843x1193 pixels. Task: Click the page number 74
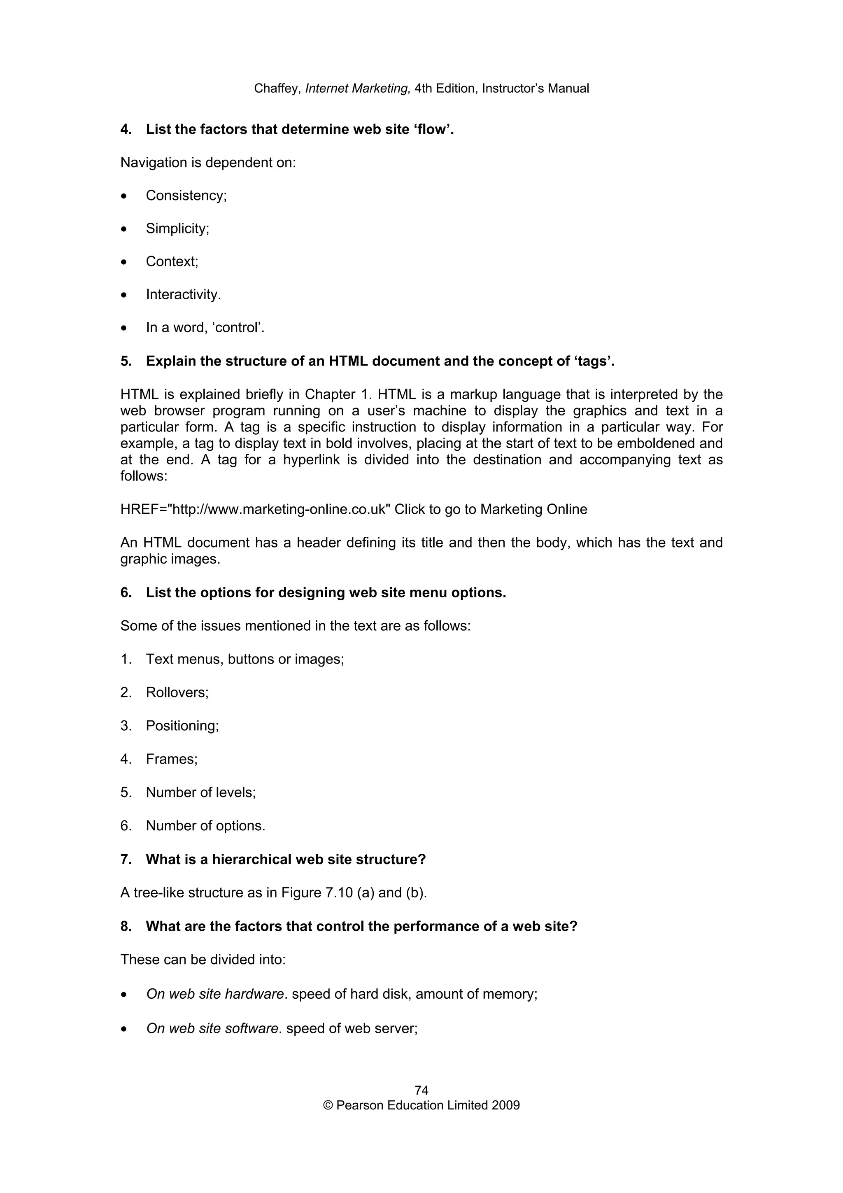click(421, 1090)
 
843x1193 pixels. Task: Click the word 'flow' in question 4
click(433, 129)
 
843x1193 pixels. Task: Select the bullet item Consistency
click(186, 196)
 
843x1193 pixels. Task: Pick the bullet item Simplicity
click(177, 228)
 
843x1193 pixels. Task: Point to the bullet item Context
click(172, 261)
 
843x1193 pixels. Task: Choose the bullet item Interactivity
click(183, 295)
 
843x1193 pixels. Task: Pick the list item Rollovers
click(177, 693)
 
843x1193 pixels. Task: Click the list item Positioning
click(182, 726)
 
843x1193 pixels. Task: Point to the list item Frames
click(171, 759)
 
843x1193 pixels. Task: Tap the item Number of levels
click(200, 792)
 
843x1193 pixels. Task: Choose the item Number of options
click(205, 826)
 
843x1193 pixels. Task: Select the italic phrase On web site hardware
click(215, 994)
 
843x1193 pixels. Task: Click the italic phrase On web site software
click(212, 1028)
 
